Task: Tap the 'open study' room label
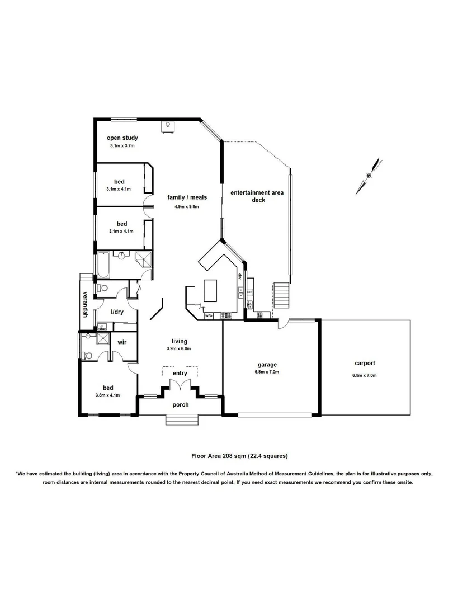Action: click(x=122, y=138)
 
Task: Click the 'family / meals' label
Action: click(x=187, y=197)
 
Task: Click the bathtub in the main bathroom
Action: click(x=103, y=265)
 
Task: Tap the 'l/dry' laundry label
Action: click(x=117, y=312)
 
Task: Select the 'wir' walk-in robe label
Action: click(x=122, y=341)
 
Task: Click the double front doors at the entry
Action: click(x=180, y=386)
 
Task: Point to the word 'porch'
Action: click(x=180, y=405)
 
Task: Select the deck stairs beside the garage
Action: click(x=282, y=295)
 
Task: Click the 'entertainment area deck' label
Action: click(x=258, y=196)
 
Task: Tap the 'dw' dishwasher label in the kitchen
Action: click(x=239, y=275)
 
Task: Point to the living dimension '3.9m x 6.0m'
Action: click(x=180, y=348)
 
